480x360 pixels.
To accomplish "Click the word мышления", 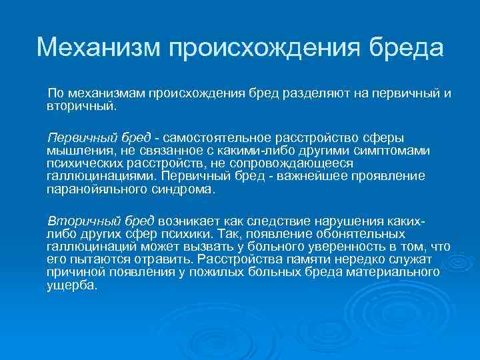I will pyautogui.click(x=77, y=150).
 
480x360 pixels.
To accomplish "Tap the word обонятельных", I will pyautogui.click(x=354, y=233).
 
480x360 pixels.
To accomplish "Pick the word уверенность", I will pyautogui.click(x=323, y=246).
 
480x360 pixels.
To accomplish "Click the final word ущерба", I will pyautogui.click(x=71, y=285).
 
